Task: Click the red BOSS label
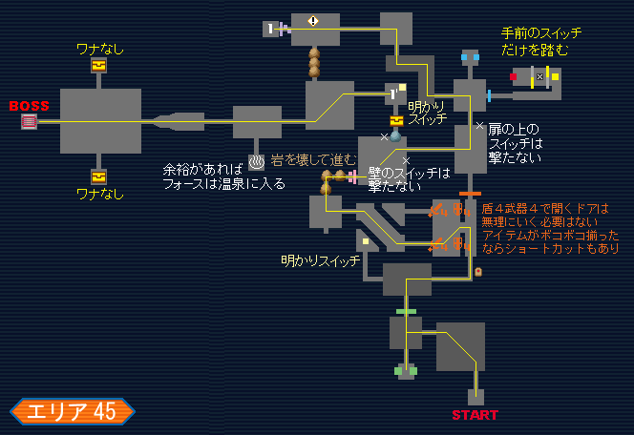pos(29,105)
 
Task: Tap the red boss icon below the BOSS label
pos(29,121)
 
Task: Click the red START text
pos(475,415)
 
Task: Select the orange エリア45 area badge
pos(73,411)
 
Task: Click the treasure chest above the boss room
pos(98,65)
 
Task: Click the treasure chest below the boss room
pos(98,176)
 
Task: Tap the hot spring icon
pos(256,162)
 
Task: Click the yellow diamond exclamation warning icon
pos(313,20)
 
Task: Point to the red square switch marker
pos(513,76)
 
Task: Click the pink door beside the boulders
pos(352,176)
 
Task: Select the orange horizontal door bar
pos(469,195)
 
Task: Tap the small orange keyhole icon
pos(478,272)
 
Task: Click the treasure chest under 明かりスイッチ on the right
pos(395,121)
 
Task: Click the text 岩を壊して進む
pos(314,159)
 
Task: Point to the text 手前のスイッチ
pos(541,32)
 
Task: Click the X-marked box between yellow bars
pos(539,76)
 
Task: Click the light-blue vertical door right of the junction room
pos(489,95)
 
